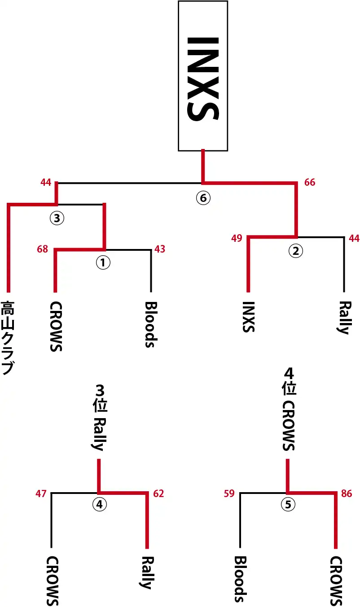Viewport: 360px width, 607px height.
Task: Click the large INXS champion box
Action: pyautogui.click(x=203, y=75)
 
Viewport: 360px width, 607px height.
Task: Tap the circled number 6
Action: pyautogui.click(x=203, y=198)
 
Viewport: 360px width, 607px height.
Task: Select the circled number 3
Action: pyautogui.click(x=57, y=218)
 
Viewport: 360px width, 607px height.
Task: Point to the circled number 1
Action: pyautogui.click(x=103, y=263)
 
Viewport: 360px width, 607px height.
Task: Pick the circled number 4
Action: pyautogui.click(x=100, y=505)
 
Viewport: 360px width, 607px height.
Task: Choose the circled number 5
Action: pyautogui.click(x=288, y=505)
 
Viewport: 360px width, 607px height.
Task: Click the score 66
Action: pyautogui.click(x=310, y=183)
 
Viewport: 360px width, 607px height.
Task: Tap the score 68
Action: pyautogui.click(x=43, y=249)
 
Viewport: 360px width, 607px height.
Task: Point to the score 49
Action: pyautogui.click(x=237, y=238)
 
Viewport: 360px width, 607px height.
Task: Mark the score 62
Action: pyautogui.click(x=158, y=494)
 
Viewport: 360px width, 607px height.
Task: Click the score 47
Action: pyautogui.click(x=41, y=494)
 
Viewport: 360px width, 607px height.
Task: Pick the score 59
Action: pyautogui.click(x=229, y=494)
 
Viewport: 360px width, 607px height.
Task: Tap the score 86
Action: pyautogui.click(x=347, y=494)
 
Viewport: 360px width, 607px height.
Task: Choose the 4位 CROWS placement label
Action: pyautogui.click(x=288, y=409)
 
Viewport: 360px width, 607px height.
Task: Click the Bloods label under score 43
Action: pyautogui.click(x=150, y=324)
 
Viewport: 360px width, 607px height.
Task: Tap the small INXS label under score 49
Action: pyautogui.click(x=248, y=317)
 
